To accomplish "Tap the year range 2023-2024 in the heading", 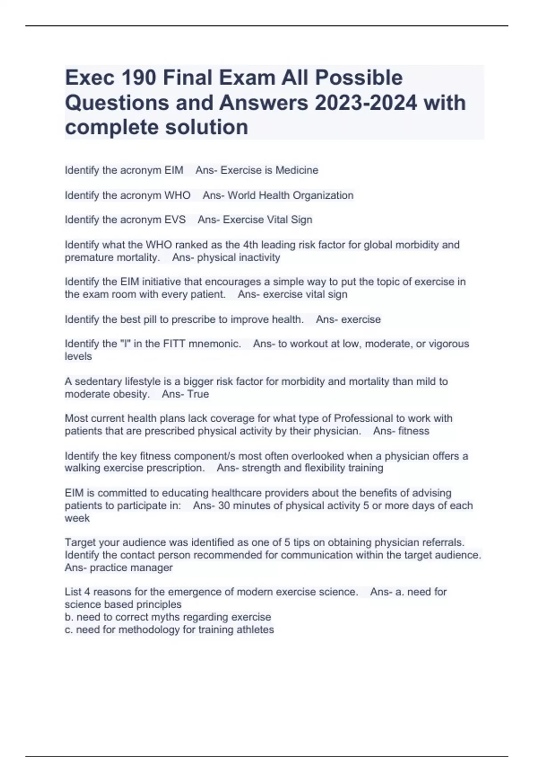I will pyautogui.click(x=366, y=103).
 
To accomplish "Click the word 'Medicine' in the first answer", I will pyautogui.click(x=297, y=170).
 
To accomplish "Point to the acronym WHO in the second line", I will pyautogui.click(x=177, y=195).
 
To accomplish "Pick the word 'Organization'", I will pyautogui.click(x=323, y=195).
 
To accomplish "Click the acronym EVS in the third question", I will pyautogui.click(x=175, y=220).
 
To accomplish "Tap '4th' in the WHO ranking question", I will pyautogui.click(x=251, y=244).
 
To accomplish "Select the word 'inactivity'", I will pyautogui.click(x=259, y=257).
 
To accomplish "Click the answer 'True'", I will pyautogui.click(x=198, y=394).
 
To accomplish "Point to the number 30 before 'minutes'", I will pyautogui.click(x=224, y=506).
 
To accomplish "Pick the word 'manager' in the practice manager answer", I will pyautogui.click(x=156, y=568).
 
